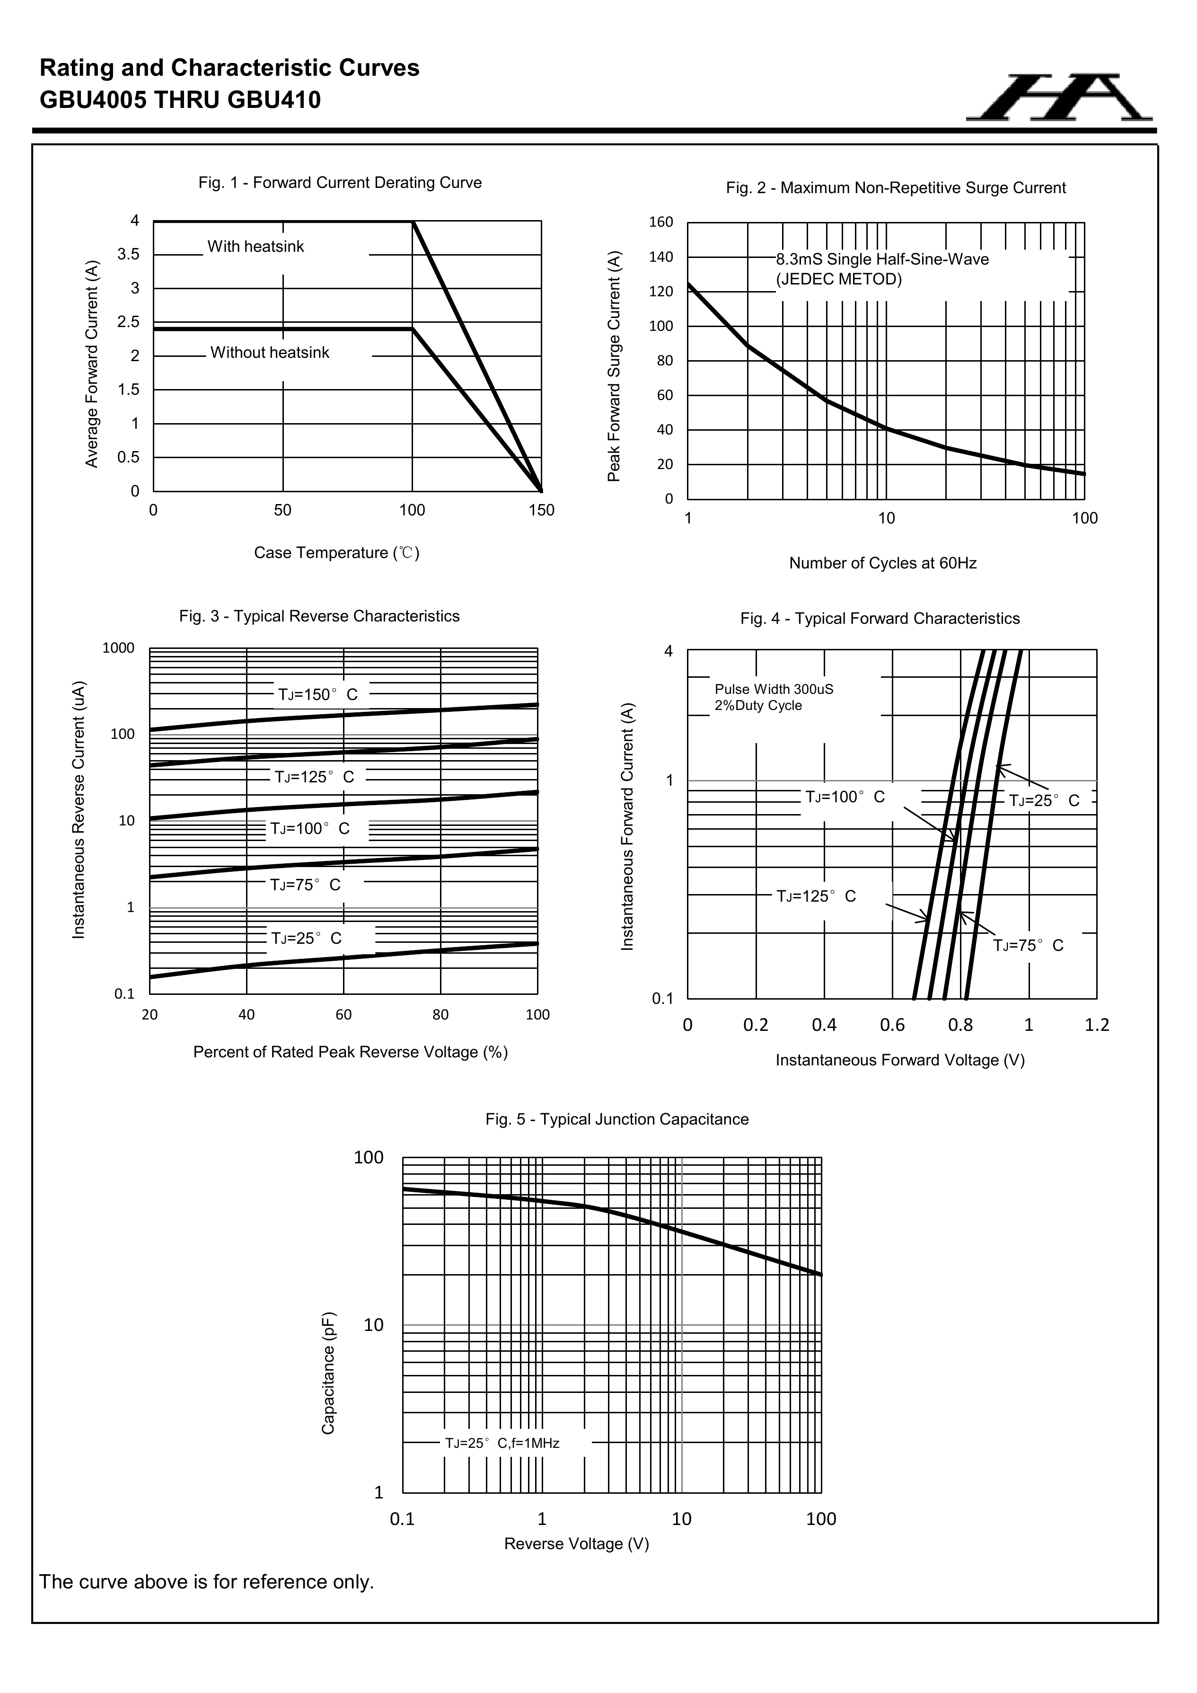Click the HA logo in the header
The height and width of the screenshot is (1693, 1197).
point(1060,98)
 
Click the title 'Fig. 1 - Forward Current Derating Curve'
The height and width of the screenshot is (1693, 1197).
point(340,183)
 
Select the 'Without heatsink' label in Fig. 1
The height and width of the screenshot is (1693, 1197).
point(270,353)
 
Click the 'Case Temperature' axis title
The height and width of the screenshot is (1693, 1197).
point(336,553)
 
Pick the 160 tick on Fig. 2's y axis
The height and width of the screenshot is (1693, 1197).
point(660,222)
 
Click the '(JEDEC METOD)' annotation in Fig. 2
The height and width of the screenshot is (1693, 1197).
point(839,279)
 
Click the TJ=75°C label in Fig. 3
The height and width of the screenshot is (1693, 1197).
point(305,885)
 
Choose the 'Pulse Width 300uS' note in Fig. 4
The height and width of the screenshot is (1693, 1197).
point(774,690)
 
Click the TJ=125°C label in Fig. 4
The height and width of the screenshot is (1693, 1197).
point(816,896)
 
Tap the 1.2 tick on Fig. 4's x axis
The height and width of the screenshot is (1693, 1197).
point(1097,1025)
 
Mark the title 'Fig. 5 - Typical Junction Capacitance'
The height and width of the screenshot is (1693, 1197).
point(617,1119)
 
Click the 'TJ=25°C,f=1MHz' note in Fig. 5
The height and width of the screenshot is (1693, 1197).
point(502,1443)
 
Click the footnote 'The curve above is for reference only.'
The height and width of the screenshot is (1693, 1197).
point(206,1582)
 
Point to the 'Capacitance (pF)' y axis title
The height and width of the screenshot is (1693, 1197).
point(329,1373)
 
